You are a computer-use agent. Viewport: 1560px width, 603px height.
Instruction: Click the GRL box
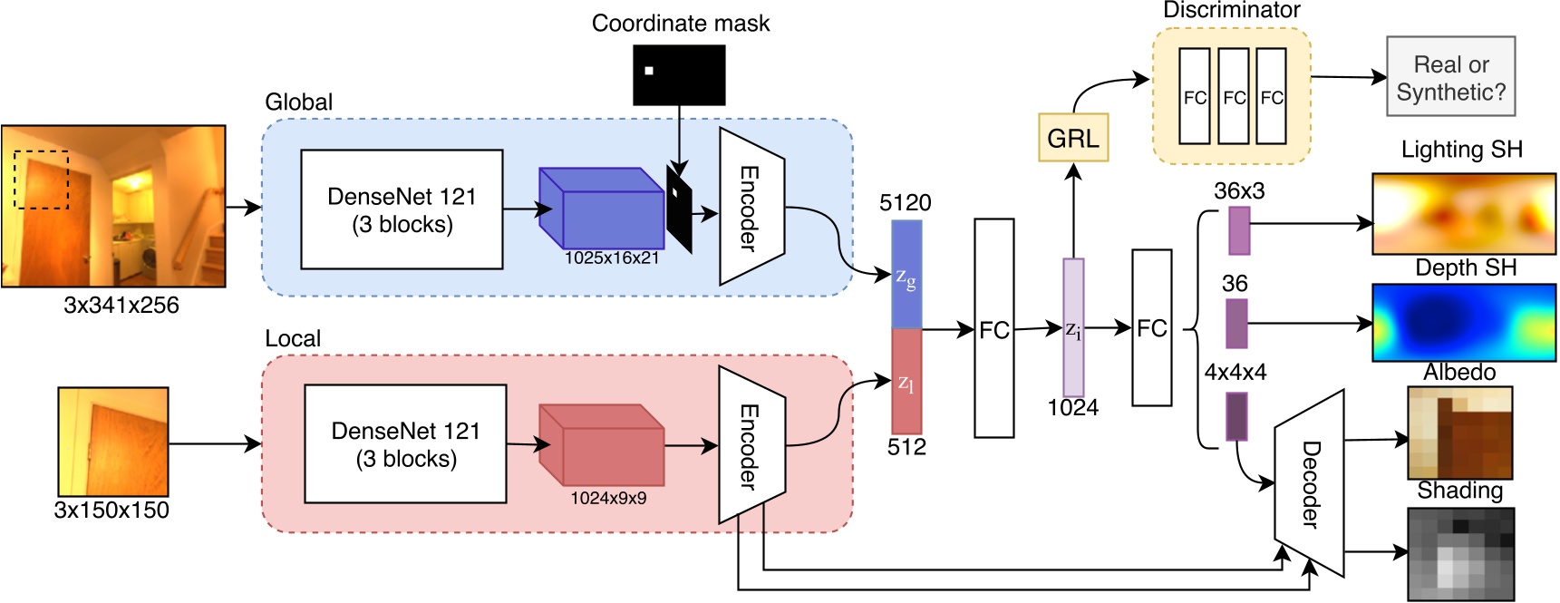coord(1073,138)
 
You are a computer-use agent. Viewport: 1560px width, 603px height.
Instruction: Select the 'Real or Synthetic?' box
coord(1450,77)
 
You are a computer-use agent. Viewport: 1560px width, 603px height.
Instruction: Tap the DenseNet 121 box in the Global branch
coord(402,209)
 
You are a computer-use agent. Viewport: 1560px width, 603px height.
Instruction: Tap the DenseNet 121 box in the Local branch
coord(405,443)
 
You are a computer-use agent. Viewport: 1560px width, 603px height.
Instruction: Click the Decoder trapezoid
coord(1309,483)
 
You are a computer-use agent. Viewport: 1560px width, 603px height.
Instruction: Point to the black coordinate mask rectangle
coord(679,75)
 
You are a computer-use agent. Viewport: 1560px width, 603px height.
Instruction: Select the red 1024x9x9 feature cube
coord(601,445)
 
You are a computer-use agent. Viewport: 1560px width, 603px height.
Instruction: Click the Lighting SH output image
coord(1463,214)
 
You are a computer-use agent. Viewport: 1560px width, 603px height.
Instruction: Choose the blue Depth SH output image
coord(1463,323)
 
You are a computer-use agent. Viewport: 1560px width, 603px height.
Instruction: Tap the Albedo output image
coord(1459,433)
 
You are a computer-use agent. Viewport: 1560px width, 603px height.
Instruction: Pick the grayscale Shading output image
coord(1460,553)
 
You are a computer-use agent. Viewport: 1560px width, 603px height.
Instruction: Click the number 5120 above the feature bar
coord(905,203)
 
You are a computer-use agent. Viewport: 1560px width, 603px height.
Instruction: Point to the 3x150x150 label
coord(111,510)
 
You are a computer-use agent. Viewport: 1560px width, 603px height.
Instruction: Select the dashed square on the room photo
coord(42,180)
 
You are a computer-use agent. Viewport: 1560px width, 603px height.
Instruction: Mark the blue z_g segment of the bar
coord(906,275)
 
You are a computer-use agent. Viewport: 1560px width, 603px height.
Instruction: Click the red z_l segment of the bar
coord(906,381)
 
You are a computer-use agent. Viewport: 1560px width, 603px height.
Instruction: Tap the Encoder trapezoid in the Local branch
coord(751,445)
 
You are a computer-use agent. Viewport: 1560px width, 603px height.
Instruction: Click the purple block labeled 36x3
coord(1239,230)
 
